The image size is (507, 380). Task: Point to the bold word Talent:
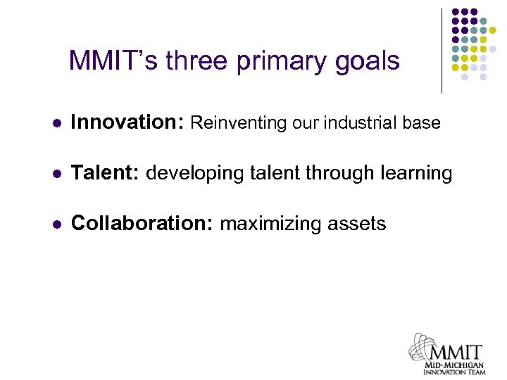pos(106,173)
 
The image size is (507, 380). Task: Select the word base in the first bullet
pos(422,123)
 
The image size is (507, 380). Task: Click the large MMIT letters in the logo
pos(455,351)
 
